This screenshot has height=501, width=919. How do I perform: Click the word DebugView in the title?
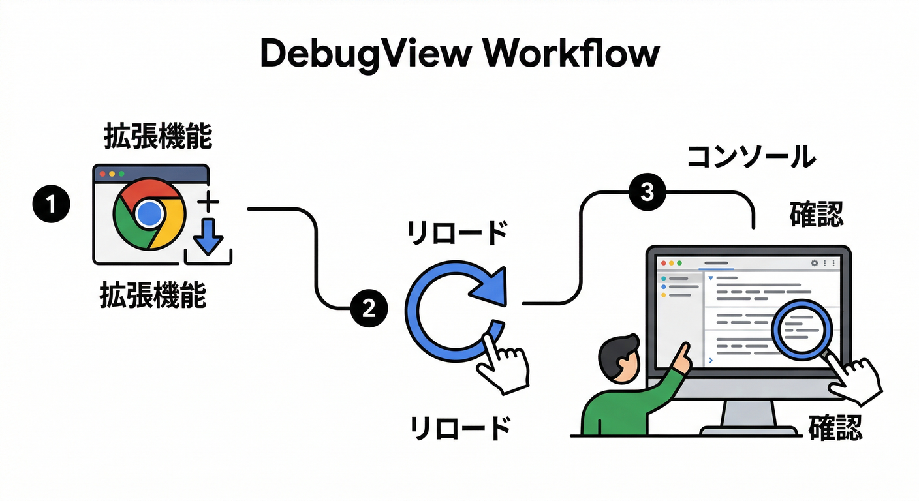[362, 55]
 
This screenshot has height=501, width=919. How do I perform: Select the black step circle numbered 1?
[50, 204]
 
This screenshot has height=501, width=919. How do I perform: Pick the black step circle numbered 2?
[369, 307]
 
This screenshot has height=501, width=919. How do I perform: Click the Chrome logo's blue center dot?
[149, 213]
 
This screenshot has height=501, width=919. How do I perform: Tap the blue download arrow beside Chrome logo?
[208, 236]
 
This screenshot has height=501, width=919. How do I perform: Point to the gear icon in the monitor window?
[814, 263]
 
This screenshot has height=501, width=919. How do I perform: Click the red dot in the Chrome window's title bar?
[102, 174]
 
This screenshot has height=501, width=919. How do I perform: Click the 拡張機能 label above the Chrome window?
[157, 138]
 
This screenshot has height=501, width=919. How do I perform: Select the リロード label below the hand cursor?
[459, 429]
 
